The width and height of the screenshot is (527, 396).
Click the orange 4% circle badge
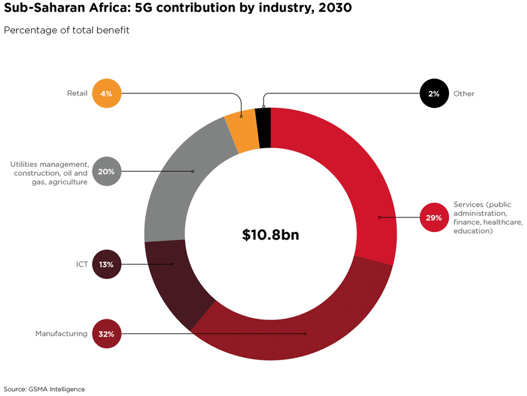tap(107, 93)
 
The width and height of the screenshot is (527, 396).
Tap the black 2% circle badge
tap(434, 93)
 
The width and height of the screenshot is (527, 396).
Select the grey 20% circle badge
tap(107, 172)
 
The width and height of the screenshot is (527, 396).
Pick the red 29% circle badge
tap(434, 218)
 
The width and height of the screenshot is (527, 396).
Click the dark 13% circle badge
tap(107, 264)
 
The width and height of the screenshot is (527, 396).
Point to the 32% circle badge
tap(107, 334)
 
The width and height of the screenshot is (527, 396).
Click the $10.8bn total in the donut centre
tap(271, 234)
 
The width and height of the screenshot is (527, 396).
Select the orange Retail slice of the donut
tap(242, 130)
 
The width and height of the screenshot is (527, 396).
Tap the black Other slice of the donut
tap(263, 128)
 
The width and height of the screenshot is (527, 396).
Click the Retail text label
tap(77, 93)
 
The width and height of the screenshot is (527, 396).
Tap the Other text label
tap(464, 94)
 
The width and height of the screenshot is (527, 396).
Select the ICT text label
tap(81, 264)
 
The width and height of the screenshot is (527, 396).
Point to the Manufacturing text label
tap(61, 334)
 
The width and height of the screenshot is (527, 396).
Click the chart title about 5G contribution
tap(178, 10)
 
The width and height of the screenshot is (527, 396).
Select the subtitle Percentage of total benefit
tap(67, 30)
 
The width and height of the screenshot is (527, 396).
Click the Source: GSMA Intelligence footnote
tap(45, 389)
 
